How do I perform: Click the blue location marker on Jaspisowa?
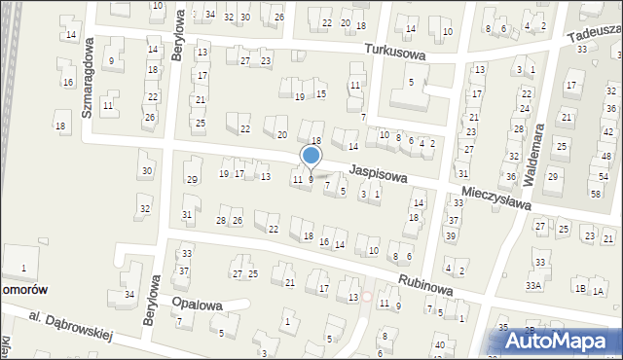click(311, 155)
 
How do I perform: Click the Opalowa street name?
click(198, 305)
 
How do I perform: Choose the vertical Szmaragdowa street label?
click(88, 78)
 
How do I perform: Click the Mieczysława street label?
click(496, 198)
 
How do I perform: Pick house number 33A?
click(532, 285)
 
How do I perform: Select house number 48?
click(605, 157)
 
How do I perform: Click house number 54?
click(603, 176)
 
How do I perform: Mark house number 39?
click(450, 236)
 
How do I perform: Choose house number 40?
click(439, 344)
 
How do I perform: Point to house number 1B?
click(580, 289)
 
